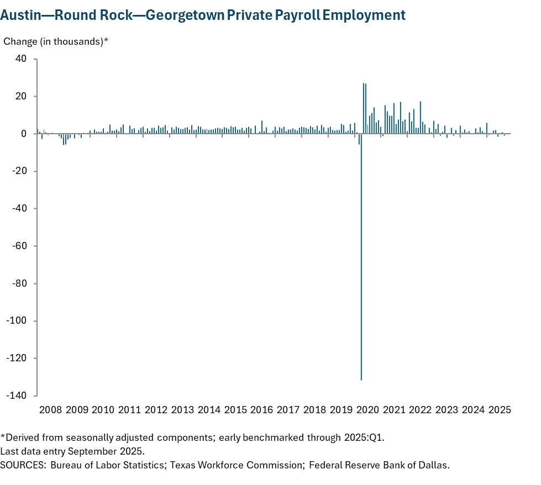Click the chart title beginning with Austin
pyautogui.click(x=203, y=15)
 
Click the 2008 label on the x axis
pyautogui.click(x=50, y=410)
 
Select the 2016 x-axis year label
pyautogui.click(x=261, y=410)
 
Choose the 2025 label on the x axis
pyautogui.click(x=500, y=410)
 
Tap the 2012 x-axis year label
pyautogui.click(x=156, y=410)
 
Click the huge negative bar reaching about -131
pyautogui.click(x=361, y=276)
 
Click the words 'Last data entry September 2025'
pyautogui.click(x=72, y=451)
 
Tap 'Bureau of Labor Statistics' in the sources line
pyautogui.click(x=107, y=465)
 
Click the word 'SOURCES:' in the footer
pyautogui.click(x=23, y=465)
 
